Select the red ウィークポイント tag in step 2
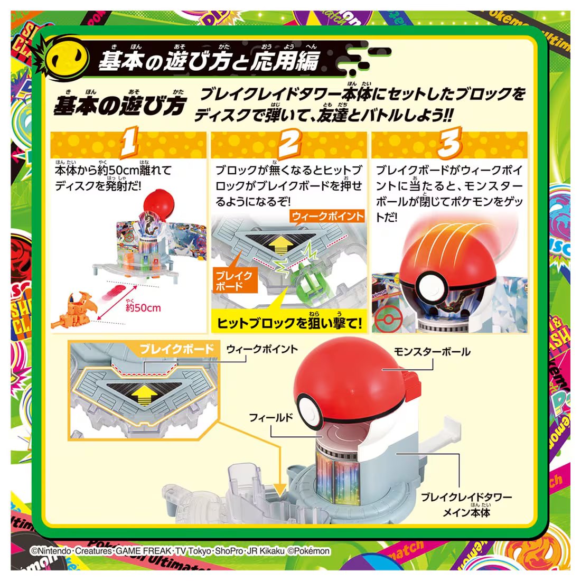pos(327,216)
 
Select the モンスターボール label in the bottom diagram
pos(432,352)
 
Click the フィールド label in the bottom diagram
pos(271,418)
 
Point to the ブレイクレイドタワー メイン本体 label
pos(466,504)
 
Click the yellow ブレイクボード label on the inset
pos(177,349)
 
